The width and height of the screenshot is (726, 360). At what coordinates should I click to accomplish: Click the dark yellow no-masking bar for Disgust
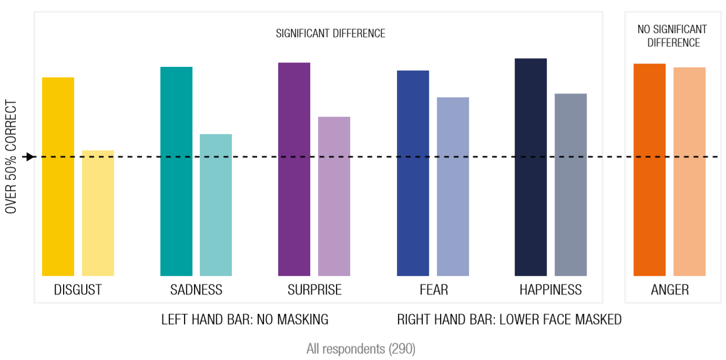(58, 177)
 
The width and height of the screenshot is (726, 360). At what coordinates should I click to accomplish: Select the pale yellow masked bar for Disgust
(98, 213)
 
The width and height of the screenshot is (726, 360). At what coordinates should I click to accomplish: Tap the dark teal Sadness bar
(176, 171)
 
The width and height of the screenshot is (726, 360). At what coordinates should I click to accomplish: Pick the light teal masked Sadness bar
(216, 205)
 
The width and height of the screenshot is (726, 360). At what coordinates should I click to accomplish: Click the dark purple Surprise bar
(294, 169)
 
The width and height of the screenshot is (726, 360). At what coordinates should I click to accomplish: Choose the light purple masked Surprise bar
(334, 196)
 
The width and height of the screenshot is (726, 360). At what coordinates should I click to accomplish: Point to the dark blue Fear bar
(413, 173)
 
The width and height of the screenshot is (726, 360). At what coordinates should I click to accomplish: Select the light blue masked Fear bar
(453, 187)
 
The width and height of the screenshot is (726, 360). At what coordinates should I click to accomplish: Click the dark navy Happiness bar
(530, 167)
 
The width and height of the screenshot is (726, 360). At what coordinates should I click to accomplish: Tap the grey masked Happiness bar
(570, 184)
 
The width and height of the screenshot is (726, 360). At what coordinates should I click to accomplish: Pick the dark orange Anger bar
(649, 170)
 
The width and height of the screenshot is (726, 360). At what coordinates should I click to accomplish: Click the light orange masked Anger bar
(689, 171)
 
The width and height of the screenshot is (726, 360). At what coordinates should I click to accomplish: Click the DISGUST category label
(78, 290)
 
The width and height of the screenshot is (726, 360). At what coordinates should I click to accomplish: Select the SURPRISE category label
(314, 290)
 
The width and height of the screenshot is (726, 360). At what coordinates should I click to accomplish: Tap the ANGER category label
(670, 290)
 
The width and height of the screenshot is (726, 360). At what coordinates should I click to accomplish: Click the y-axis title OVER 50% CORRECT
(12, 157)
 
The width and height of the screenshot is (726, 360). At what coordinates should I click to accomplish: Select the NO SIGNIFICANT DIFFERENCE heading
(672, 36)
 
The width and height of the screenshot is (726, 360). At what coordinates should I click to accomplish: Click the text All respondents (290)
(361, 349)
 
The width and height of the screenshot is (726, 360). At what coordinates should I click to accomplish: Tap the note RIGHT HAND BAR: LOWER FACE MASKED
(509, 320)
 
